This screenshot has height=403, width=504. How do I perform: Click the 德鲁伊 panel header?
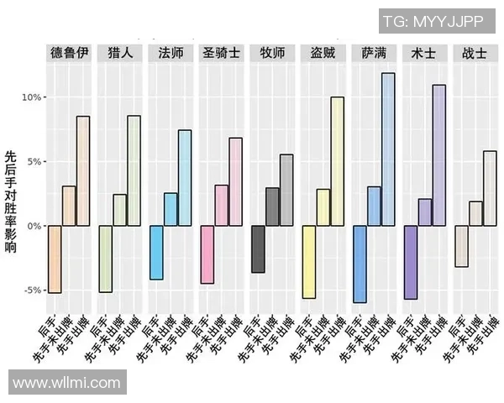[x=69, y=52]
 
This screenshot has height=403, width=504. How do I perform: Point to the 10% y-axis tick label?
[x=31, y=97]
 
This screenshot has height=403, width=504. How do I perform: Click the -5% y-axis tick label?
[x=31, y=290]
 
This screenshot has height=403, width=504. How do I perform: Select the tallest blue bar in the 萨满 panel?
[x=387, y=149]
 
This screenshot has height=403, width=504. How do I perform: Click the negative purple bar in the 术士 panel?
[x=411, y=262]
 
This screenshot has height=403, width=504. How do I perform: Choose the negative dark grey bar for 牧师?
[x=259, y=249]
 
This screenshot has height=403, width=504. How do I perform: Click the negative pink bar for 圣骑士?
[x=207, y=254]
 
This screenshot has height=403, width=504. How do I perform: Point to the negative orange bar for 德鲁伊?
[x=55, y=259]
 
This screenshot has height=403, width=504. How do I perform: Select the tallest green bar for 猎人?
[x=134, y=170]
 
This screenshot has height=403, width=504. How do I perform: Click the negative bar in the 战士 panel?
[x=461, y=246]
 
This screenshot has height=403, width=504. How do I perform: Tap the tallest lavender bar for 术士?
[x=438, y=155]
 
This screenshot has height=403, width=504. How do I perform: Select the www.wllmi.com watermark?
[x=67, y=383]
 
